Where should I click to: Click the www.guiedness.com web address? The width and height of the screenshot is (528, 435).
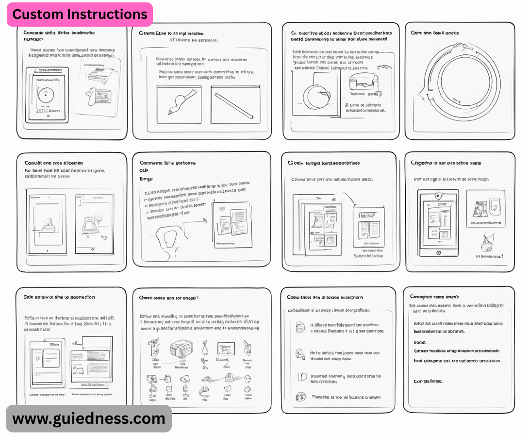pos(89,418)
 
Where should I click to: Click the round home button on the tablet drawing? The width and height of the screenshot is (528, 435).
pos(438,253)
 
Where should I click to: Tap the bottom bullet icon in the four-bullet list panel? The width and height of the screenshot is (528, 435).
pos(301,397)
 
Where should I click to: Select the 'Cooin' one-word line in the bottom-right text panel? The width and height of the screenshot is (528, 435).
pos(420,342)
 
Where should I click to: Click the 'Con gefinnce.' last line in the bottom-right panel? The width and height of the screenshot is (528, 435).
pos(428,381)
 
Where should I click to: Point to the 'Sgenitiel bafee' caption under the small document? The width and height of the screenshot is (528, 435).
pos(368,256)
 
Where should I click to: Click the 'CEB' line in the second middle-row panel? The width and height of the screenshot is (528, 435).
pos(144,171)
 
